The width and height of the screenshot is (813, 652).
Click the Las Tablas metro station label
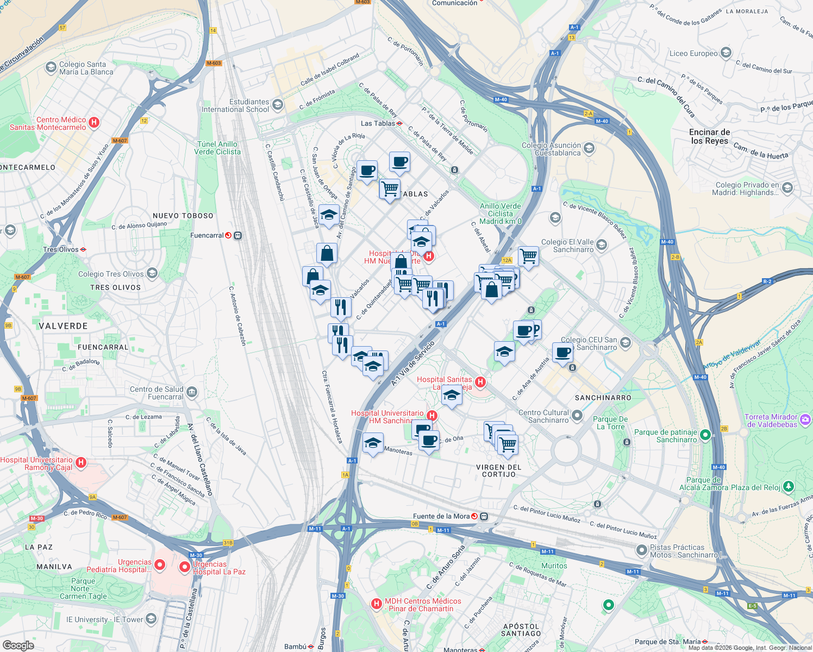click(378, 123)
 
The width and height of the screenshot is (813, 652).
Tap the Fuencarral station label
click(207, 235)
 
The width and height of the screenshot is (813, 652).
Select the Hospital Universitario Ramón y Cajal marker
click(81, 462)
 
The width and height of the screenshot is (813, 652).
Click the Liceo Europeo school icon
click(726, 53)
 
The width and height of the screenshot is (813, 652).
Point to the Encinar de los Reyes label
click(709, 136)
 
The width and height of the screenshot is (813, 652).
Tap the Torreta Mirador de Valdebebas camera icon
click(805, 419)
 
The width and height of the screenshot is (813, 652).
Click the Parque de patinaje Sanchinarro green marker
click(705, 434)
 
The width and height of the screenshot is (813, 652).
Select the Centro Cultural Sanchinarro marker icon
click(577, 416)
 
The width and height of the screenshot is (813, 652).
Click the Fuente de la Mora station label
click(441, 516)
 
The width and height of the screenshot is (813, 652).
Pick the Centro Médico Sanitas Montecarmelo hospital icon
click(93, 122)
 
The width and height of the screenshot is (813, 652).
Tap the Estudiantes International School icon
click(278, 104)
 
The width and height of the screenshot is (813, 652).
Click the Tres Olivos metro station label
click(61, 249)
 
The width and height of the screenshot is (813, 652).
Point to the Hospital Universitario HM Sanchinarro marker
click(431, 416)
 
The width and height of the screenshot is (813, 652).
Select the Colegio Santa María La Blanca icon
click(51, 67)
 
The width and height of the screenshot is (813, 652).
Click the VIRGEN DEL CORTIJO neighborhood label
click(498, 471)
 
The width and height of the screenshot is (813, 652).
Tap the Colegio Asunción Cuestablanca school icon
click(589, 148)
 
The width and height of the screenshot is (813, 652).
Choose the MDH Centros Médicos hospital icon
click(376, 604)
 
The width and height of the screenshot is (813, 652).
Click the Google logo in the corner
click(18, 645)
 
